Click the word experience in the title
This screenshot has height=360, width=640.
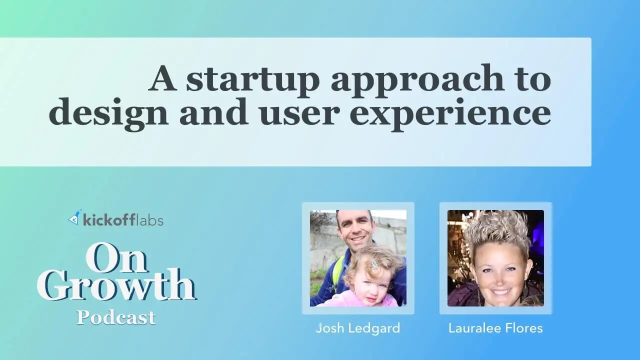pyautogui.click(x=450, y=115)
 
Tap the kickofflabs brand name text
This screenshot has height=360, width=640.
pyautogui.click(x=123, y=220)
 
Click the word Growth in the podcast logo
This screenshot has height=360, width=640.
pyautogui.click(x=116, y=285)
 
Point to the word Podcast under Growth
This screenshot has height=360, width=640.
pyautogui.click(x=116, y=317)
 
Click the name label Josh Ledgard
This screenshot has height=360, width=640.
pyautogui.click(x=358, y=328)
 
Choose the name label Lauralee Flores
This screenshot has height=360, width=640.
pyautogui.click(x=495, y=328)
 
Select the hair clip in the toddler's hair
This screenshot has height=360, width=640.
pyautogui.click(x=373, y=262)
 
